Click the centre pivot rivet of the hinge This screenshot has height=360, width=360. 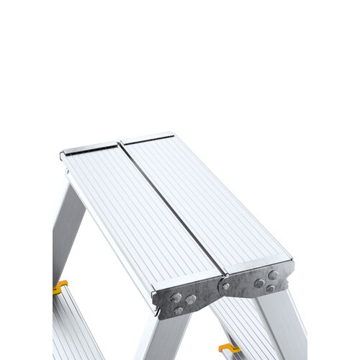pos(226,286)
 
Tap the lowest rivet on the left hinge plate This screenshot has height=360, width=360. pos(178,310)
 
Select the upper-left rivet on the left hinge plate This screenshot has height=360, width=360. pos(175,297)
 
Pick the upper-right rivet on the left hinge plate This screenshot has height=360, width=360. pos(191,299)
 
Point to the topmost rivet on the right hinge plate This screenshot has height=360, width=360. pos(273,274)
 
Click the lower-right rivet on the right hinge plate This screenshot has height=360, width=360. pos(271,288)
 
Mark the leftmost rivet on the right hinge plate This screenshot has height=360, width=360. pos(258,283)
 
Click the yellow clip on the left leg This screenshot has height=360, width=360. pos(60,286)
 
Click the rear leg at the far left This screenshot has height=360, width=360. pos(67,230)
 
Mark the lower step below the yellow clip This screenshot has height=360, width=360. pos(72,328)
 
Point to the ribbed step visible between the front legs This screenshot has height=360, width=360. pos(241,324)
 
